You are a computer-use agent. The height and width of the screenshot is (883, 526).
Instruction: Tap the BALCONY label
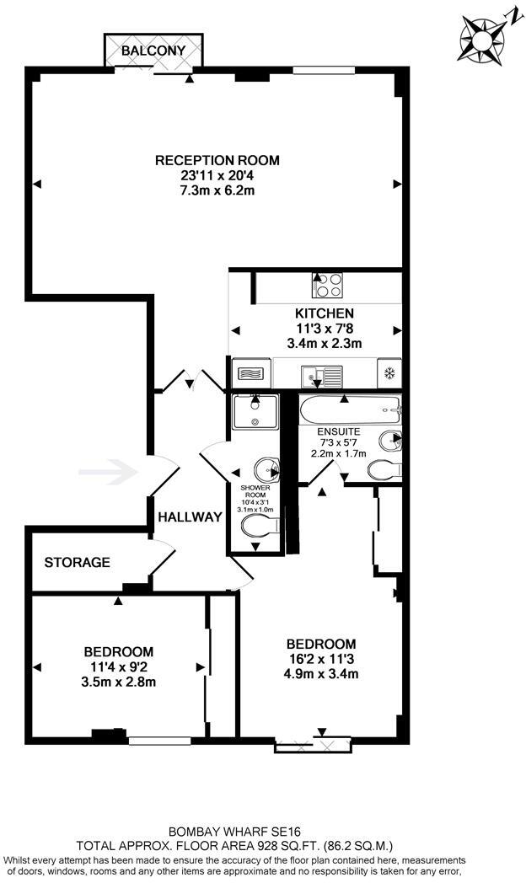click(x=153, y=51)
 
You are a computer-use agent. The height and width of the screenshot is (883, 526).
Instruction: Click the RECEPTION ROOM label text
click(x=217, y=160)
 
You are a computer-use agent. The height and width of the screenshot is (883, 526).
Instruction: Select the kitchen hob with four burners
click(x=325, y=286)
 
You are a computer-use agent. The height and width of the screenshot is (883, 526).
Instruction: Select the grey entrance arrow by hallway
click(x=108, y=472)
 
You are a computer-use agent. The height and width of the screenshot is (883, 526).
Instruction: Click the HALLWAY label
click(x=191, y=517)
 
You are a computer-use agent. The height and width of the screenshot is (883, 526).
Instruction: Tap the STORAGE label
click(x=77, y=562)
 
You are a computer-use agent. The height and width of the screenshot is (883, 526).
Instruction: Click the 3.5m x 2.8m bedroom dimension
click(x=118, y=682)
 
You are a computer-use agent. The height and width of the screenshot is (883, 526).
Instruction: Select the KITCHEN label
click(x=318, y=313)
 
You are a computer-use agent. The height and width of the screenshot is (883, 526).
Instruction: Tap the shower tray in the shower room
click(x=255, y=415)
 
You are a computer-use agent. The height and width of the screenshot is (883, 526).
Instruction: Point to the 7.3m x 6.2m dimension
click(x=217, y=191)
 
